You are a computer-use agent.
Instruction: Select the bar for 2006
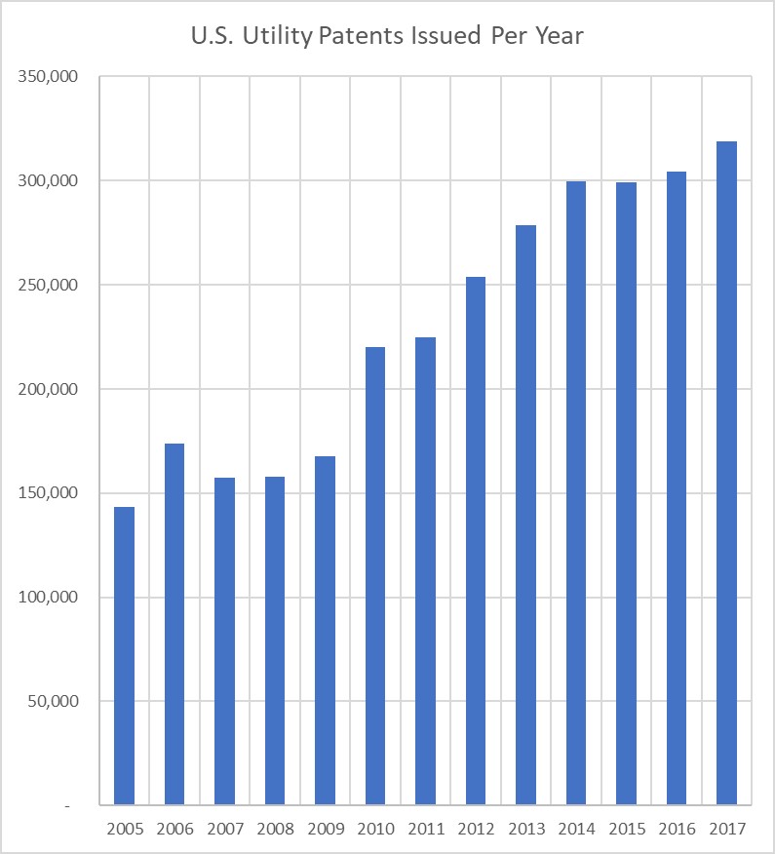174,624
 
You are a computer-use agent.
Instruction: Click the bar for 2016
677,488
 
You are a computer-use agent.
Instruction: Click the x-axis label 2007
225,830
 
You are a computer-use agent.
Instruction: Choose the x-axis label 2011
426,830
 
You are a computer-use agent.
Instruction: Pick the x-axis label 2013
526,830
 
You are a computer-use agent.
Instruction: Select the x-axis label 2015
627,830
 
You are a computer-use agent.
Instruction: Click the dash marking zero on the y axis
67,806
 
